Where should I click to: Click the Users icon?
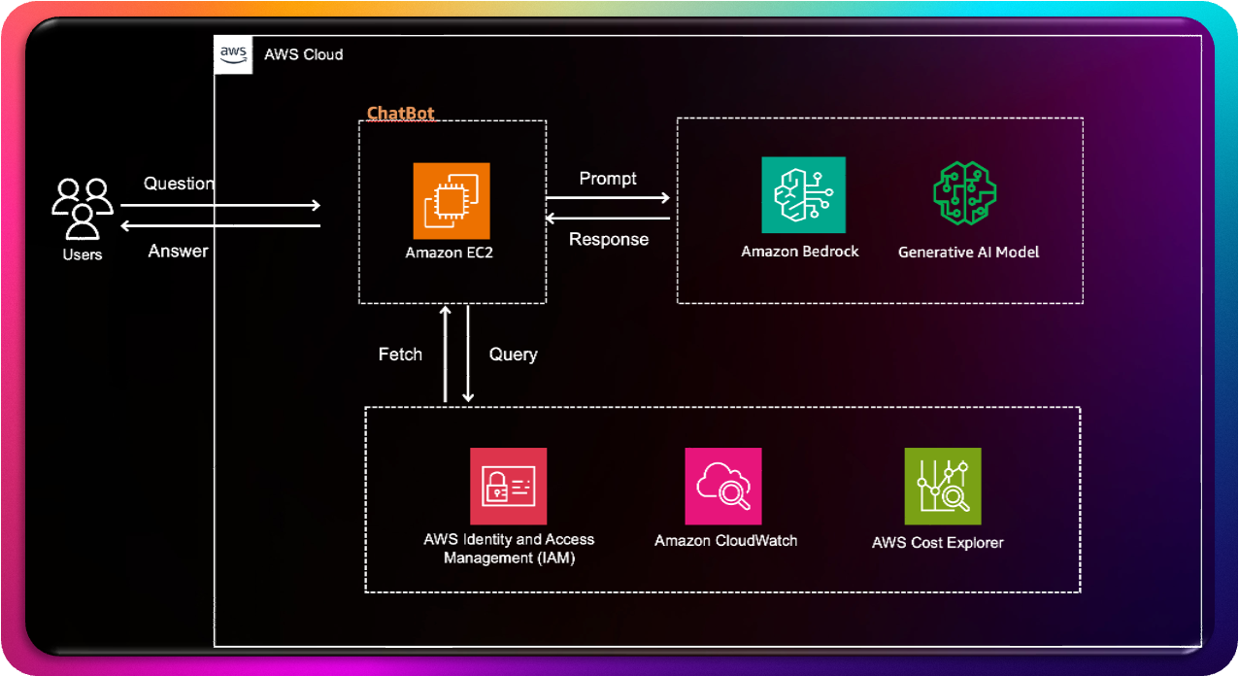coord(83,208)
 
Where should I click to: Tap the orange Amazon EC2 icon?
coord(452,201)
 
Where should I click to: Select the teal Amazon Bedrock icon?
coord(803,195)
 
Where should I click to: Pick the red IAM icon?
coord(508,486)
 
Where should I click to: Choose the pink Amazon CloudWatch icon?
coord(723,486)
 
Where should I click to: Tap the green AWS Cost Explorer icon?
coord(942,486)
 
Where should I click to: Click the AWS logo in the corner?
coord(233,53)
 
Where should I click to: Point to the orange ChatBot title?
coord(400,114)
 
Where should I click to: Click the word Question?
coord(179,184)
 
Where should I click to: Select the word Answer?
coord(178,251)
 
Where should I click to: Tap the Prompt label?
coord(608,179)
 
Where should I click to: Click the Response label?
coord(609,239)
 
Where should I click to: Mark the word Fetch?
coord(400,355)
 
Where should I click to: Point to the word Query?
coord(513,355)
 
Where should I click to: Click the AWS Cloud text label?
coord(303,54)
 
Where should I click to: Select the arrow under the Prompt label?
coord(608,198)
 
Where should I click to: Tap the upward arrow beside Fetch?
coord(445,354)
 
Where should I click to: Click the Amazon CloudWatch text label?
coord(725,541)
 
